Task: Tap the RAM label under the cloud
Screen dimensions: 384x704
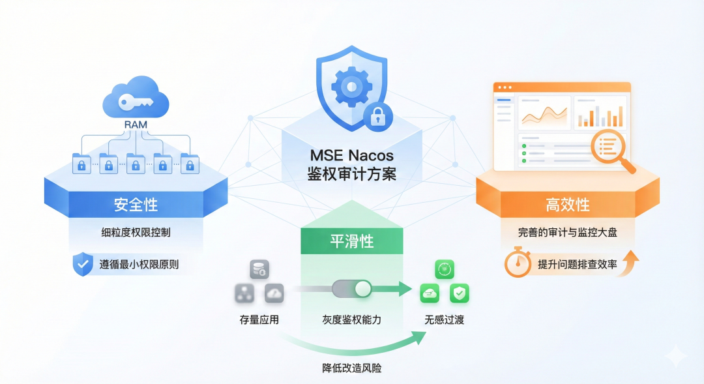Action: point(136,124)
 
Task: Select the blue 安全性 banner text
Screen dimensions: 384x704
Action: point(136,205)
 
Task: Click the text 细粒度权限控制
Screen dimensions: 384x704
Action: point(136,232)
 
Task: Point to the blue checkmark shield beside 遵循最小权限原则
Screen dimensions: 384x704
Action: point(82,265)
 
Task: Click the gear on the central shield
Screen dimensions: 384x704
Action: point(351,85)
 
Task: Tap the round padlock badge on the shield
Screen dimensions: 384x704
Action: point(377,117)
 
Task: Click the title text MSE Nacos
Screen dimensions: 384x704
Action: point(351,156)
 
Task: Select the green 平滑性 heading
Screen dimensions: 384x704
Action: point(351,241)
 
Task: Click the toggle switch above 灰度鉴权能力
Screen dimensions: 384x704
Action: point(351,289)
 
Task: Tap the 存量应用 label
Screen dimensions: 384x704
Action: point(259,320)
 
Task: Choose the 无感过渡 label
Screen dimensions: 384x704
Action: point(445,320)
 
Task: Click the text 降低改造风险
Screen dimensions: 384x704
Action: point(351,368)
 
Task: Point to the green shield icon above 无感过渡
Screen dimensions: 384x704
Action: point(460,293)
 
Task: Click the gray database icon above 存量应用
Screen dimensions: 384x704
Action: point(259,269)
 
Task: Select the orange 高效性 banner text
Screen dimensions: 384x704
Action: point(567,205)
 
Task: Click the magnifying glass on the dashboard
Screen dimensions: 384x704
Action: point(610,150)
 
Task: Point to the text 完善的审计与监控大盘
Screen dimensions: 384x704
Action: point(568,232)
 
